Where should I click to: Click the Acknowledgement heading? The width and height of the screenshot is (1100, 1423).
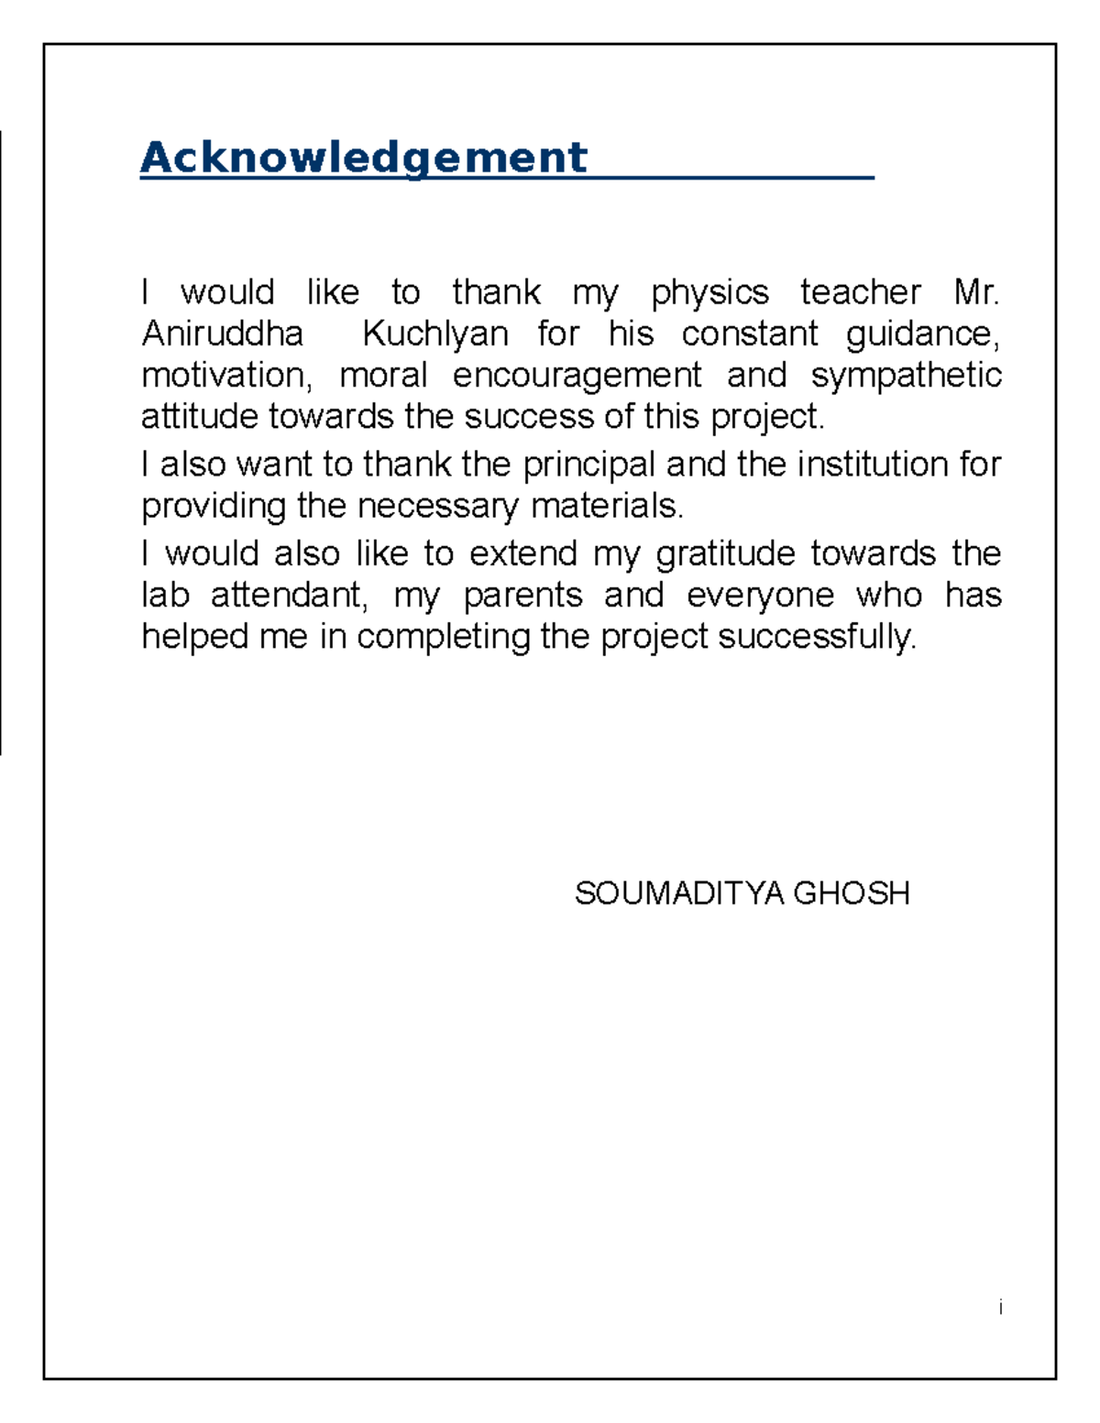(363, 158)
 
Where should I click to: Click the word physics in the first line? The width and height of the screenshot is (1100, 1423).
(709, 292)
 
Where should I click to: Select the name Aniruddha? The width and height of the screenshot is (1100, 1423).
(222, 334)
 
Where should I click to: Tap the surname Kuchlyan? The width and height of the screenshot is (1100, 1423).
(435, 334)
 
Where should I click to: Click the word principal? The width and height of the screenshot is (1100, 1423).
(588, 465)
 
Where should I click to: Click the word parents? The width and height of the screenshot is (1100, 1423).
(522, 595)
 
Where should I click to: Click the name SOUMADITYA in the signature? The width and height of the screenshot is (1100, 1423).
(678, 892)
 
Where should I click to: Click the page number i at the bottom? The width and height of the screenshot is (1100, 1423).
(1000, 1307)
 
